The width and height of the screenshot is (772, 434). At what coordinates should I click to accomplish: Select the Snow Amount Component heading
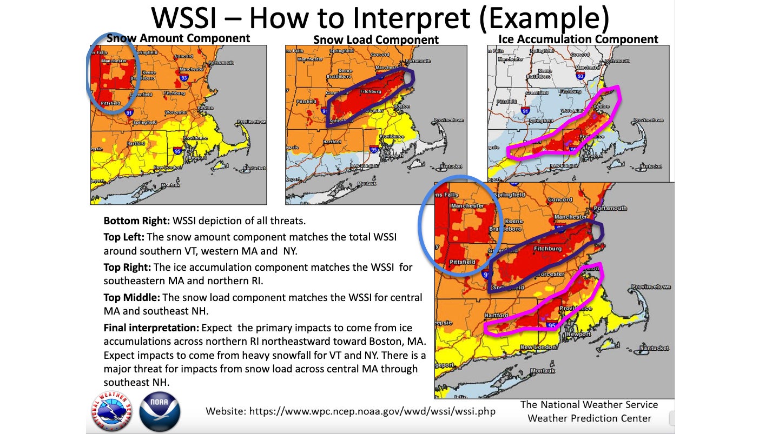179,38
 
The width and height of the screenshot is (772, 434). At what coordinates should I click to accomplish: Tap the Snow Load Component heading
376,39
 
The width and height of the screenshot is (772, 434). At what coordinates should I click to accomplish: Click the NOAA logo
160,411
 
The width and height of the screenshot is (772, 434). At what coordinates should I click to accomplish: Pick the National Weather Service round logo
111,411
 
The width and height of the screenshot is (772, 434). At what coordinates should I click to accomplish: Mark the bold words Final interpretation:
151,329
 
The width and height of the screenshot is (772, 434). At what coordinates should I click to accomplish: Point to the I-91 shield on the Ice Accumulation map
524,111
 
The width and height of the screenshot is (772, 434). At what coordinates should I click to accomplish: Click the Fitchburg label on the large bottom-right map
547,249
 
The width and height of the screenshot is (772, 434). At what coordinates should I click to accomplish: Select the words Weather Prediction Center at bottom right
589,418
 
